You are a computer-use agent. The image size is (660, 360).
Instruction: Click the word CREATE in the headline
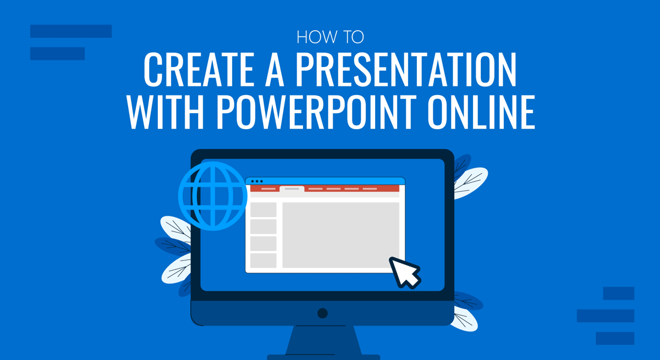[x=199, y=69]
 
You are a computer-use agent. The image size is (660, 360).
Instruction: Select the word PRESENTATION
[x=406, y=69]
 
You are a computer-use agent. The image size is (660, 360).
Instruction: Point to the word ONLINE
[x=481, y=112]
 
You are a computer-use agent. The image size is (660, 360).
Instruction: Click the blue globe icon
[x=213, y=196]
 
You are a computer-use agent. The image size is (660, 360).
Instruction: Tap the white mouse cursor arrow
[x=404, y=273]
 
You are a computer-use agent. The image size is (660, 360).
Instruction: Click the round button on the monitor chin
[x=323, y=313]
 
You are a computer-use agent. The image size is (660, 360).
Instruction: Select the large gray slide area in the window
[x=341, y=235]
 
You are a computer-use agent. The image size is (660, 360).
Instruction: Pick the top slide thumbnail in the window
[x=263, y=209]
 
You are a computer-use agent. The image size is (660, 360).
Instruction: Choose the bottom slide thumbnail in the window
[x=263, y=261]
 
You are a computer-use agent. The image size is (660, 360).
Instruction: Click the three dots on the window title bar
[x=257, y=181]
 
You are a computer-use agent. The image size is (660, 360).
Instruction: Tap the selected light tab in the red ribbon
[x=292, y=189]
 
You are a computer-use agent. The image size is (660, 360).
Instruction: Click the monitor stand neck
[x=323, y=340]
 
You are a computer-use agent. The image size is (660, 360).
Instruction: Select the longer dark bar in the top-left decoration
[x=71, y=31]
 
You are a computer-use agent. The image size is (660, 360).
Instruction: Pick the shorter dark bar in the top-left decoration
[x=57, y=53]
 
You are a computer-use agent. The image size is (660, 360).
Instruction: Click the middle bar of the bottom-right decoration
[x=606, y=316]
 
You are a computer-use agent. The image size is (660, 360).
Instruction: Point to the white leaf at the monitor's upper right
[x=470, y=183]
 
